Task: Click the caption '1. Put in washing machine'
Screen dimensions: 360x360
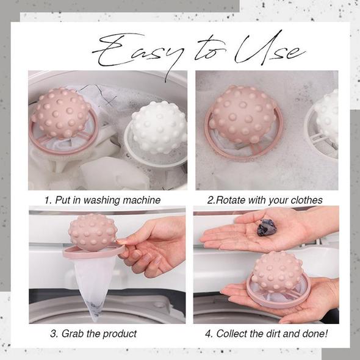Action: click(x=102, y=200)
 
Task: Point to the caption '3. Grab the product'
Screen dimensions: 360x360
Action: click(x=93, y=333)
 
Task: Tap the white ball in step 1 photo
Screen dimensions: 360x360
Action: click(x=153, y=128)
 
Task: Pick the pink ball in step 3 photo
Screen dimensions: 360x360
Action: click(x=93, y=232)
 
